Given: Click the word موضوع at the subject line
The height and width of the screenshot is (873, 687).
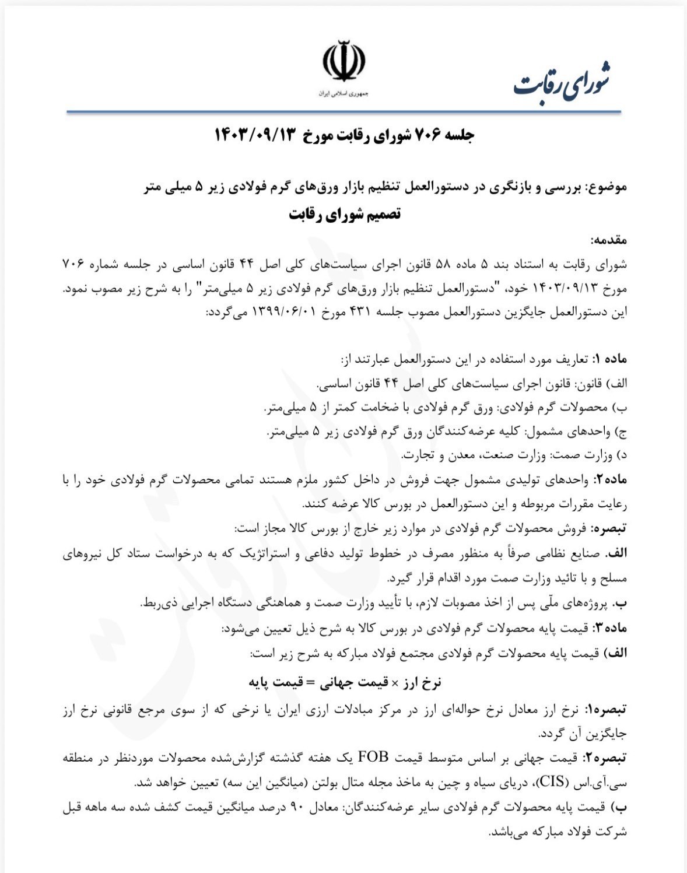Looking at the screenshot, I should pyautogui.click(x=609, y=187).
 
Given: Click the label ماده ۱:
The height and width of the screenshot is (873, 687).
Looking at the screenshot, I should pyautogui.click(x=611, y=358).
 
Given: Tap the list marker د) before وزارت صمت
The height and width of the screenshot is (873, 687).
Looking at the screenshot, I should pyautogui.click(x=622, y=454).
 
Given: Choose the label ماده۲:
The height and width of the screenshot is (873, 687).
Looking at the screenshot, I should pyautogui.click(x=610, y=479).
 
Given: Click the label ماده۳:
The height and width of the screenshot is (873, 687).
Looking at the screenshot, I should pyautogui.click(x=610, y=629).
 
